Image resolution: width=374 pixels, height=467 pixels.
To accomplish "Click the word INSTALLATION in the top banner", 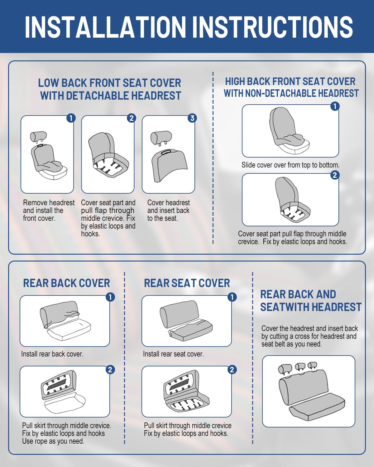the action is [106, 27].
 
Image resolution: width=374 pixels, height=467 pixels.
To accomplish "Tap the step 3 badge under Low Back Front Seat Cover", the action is [192, 118].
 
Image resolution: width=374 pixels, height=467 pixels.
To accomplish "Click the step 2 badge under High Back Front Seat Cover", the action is [335, 175].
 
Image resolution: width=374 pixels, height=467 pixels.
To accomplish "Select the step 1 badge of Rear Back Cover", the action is [110, 297].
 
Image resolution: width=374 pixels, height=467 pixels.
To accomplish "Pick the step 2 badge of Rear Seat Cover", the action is [232, 370].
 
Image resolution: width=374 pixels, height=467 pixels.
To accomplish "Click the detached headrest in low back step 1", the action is [38, 137].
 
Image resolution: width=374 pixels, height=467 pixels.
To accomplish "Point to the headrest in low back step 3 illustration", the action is [161, 138].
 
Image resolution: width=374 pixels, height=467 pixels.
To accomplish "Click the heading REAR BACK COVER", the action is [66, 283].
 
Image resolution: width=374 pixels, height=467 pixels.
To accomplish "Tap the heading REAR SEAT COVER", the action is [187, 283].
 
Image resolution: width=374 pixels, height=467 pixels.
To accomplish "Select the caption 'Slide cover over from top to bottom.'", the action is [290, 165].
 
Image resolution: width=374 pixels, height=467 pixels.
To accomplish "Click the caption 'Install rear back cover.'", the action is [52, 354].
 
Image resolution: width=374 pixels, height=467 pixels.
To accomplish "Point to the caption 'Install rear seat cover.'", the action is [173, 354].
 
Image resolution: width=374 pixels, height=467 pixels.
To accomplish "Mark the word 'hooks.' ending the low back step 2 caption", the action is [90, 234].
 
